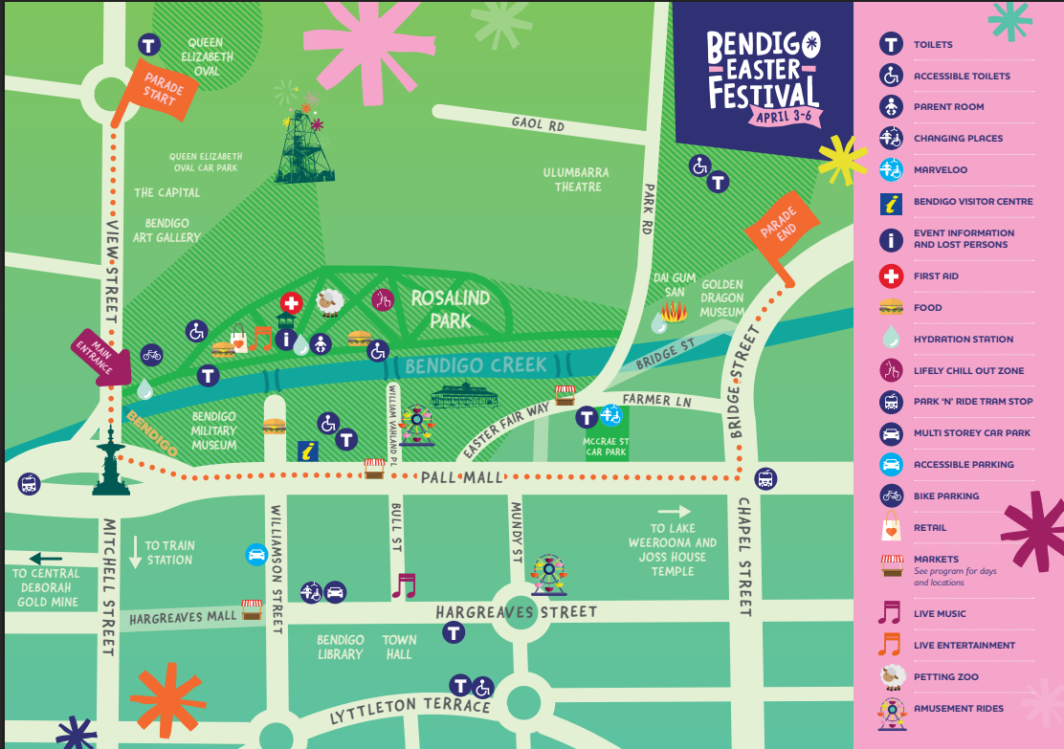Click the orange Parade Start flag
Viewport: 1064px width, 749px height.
[x=157, y=87]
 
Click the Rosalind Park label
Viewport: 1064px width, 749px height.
[x=450, y=309]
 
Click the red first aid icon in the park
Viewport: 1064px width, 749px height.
[x=291, y=303]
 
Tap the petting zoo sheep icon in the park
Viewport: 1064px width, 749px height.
[x=330, y=303]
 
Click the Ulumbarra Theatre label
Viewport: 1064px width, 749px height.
[x=576, y=180]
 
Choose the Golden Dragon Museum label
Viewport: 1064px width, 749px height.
[x=721, y=298]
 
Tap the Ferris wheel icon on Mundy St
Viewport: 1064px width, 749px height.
[x=548, y=574]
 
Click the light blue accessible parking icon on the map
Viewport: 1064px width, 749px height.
[x=256, y=554]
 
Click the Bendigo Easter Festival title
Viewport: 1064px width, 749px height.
[x=763, y=70]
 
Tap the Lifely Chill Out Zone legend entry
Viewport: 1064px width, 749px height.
[x=968, y=370]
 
